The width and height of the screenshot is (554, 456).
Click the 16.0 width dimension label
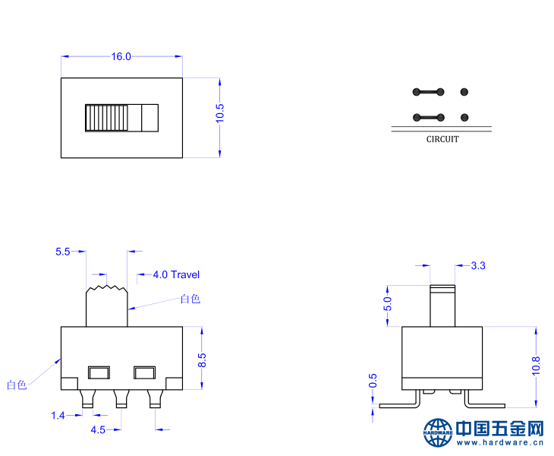[121, 56]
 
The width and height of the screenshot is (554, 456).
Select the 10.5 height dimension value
[220, 114]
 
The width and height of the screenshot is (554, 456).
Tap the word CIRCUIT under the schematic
[442, 139]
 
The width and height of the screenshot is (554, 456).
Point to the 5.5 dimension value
[63, 251]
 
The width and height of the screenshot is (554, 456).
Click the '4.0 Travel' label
[176, 274]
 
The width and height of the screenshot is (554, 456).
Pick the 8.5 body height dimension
[202, 360]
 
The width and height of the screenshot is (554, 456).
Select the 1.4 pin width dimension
[58, 415]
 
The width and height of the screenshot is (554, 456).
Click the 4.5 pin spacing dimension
[98, 429]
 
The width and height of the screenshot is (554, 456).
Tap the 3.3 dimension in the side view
[478, 265]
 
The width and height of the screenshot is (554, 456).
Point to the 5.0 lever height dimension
[387, 304]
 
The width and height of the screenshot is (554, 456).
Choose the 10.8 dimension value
[536, 366]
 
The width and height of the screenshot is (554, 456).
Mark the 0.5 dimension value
[372, 380]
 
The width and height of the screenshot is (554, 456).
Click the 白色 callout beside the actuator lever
[190, 299]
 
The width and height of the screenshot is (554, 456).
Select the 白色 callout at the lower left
[17, 385]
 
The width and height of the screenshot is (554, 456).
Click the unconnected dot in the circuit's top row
[464, 92]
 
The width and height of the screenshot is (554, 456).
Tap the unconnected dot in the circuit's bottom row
[464, 117]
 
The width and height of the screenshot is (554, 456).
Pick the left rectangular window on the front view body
[99, 372]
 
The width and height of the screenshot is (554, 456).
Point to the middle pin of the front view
[119, 398]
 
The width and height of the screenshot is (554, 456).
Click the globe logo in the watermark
[438, 432]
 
